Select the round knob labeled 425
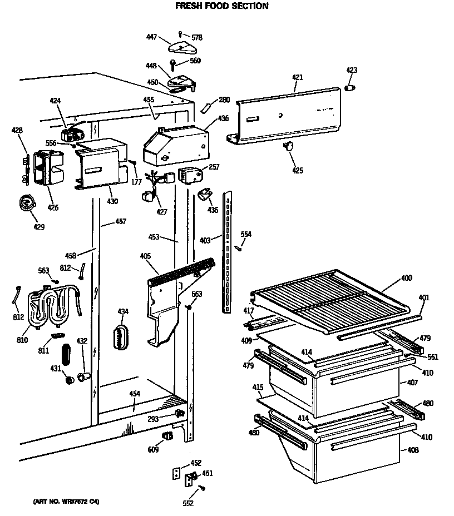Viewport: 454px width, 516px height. pyautogui.click(x=289, y=146)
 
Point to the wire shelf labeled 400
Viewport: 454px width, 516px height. pyautogui.click(x=328, y=300)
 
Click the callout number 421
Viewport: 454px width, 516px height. pyautogui.click(x=297, y=77)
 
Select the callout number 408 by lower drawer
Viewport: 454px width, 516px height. pyautogui.click(x=412, y=450)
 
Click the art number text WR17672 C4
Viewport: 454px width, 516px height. pyautogui.click(x=62, y=502)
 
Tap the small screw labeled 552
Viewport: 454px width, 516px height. pyautogui.click(x=201, y=488)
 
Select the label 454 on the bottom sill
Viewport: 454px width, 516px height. pyautogui.click(x=134, y=394)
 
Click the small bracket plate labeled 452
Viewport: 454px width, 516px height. pyautogui.click(x=177, y=473)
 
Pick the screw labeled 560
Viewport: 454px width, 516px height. pyautogui.click(x=173, y=64)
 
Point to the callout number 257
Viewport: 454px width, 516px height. pyautogui.click(x=214, y=167)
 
